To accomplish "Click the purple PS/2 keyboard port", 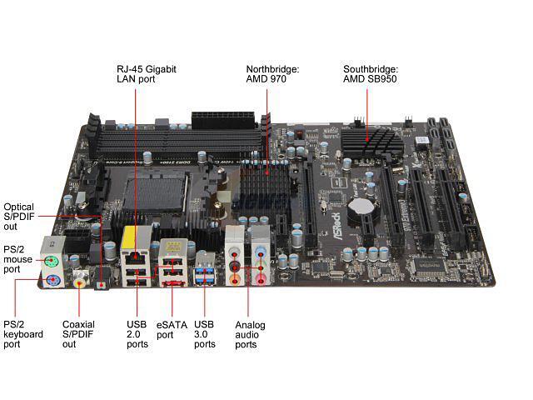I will tap(52, 280).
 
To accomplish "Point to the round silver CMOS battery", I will tap(359, 206).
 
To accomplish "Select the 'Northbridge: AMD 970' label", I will tap(271, 75).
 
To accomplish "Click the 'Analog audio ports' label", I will tap(250, 335).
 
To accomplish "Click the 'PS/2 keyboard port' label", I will tap(22, 335).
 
